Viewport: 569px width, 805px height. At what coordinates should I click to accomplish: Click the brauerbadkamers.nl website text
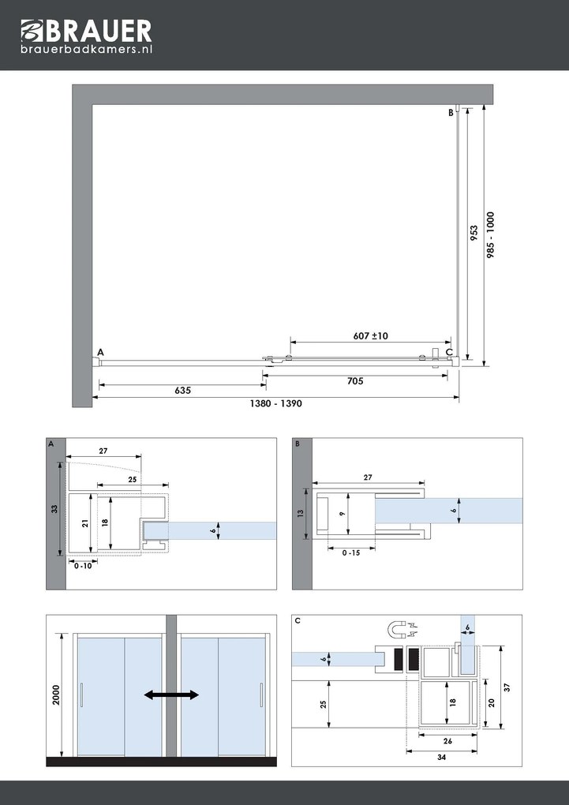(86, 49)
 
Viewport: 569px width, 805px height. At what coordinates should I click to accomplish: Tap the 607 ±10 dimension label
(370, 335)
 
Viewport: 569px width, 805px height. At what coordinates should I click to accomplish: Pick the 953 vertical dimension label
(474, 234)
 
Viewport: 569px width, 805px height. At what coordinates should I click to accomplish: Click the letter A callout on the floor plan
(100, 351)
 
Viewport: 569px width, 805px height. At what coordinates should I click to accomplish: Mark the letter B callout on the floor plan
(451, 113)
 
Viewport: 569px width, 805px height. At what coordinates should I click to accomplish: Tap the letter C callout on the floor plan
(449, 352)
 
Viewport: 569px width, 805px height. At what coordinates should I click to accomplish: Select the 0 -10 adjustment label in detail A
(81, 565)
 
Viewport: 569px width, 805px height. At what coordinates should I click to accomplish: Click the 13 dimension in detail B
(300, 513)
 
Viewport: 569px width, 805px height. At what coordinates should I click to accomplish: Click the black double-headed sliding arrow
(171, 695)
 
